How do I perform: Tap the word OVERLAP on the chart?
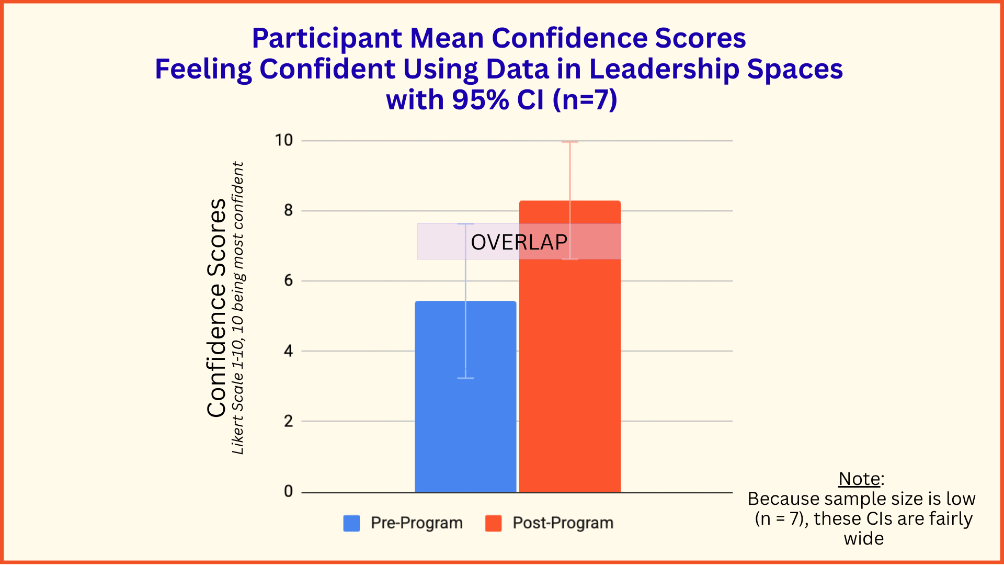519,242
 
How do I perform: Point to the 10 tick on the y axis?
284,140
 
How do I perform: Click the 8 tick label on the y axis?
288,210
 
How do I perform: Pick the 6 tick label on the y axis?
288,280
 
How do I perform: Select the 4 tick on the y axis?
288,351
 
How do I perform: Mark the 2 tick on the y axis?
288,421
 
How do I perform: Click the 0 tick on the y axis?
288,491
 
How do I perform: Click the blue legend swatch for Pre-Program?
351,523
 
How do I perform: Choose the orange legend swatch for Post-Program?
493,523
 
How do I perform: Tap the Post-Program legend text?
563,523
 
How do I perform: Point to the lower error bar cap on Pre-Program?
465,378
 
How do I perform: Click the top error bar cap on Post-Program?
570,142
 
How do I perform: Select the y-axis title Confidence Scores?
216,308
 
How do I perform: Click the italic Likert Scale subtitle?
238,308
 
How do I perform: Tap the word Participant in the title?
327,38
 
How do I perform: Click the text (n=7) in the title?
585,99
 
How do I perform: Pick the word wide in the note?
863,538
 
